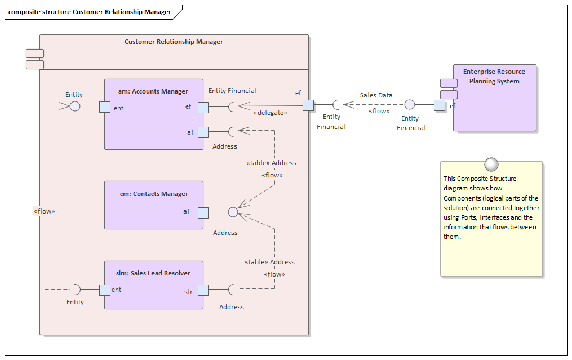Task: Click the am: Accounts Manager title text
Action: [154, 91]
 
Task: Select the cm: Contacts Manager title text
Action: [154, 194]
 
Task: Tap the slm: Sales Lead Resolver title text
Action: [154, 273]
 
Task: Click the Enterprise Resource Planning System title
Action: [494, 77]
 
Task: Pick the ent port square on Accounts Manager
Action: [105, 107]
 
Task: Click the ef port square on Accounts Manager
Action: [203, 107]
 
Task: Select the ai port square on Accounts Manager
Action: [203, 132]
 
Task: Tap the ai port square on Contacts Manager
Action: [203, 212]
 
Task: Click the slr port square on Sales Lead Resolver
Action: [203, 290]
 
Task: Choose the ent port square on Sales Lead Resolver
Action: [105, 290]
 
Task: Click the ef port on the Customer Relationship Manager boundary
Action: [308, 105]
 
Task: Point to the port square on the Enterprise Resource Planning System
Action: [440, 105]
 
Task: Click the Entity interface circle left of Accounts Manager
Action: [75, 106]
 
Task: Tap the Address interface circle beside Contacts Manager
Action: [233, 212]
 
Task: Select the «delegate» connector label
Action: [270, 113]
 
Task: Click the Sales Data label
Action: [376, 95]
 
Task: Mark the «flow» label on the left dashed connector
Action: [45, 211]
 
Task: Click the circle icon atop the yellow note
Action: [491, 163]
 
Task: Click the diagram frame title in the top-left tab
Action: [90, 12]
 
